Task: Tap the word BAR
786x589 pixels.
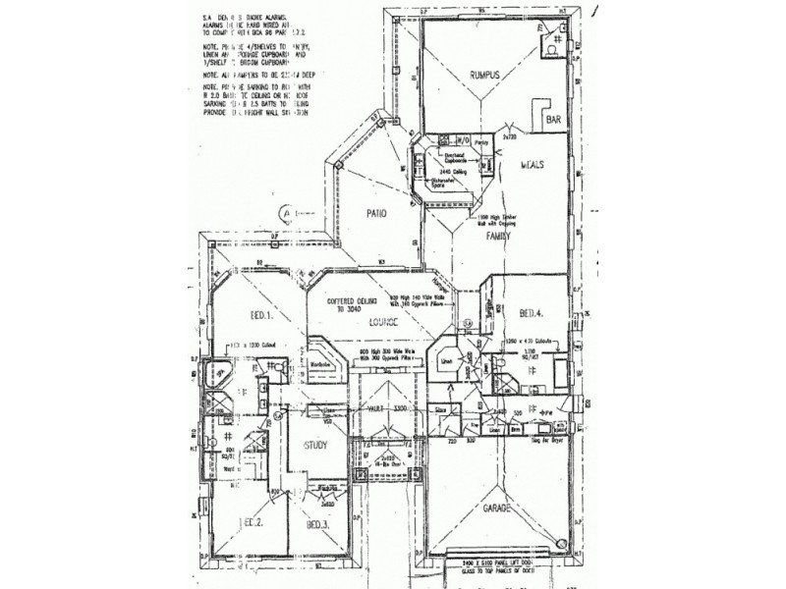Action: tap(554, 118)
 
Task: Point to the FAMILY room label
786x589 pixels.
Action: tap(508, 237)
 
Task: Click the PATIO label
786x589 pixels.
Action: tap(368, 213)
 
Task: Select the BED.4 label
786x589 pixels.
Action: tap(533, 313)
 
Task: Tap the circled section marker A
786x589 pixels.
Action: tap(285, 212)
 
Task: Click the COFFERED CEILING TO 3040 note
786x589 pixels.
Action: tap(343, 303)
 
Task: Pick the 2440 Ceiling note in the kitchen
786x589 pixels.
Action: tap(450, 170)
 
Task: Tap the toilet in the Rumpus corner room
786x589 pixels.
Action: tap(553, 48)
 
